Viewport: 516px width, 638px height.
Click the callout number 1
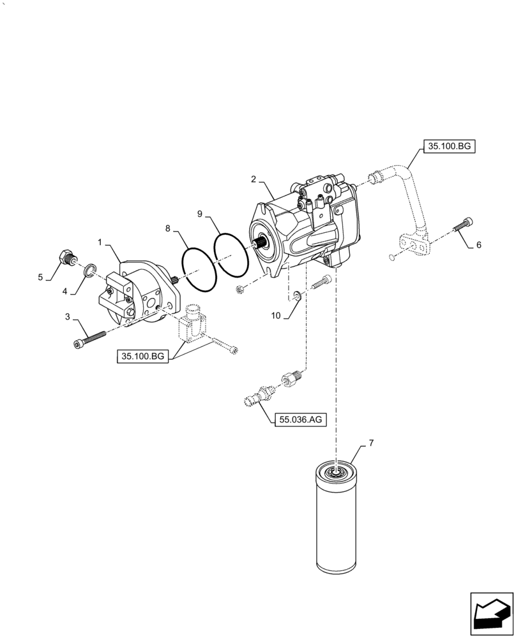coord(100,243)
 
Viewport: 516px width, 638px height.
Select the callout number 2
coord(254,179)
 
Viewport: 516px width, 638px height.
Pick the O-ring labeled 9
coord(231,255)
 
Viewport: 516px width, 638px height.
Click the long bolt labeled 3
coord(89,338)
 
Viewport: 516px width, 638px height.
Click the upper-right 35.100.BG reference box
coord(448,147)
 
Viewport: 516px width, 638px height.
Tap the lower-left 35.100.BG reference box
coord(142,357)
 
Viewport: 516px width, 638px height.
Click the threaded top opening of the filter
coord(335,473)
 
